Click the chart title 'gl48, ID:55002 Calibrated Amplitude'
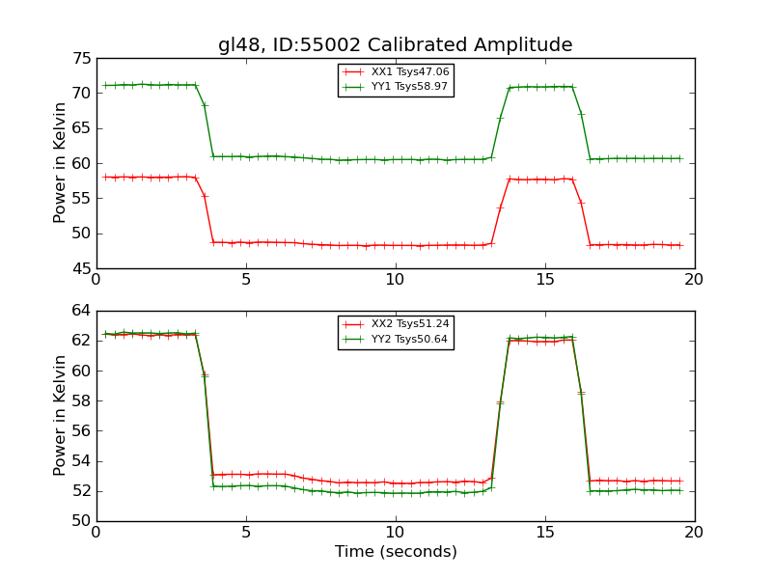click(395, 44)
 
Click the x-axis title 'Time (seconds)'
click(396, 552)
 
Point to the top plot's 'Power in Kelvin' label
click(61, 162)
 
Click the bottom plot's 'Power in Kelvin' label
click(61, 415)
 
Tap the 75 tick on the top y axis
click(82, 58)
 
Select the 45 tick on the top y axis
click(82, 268)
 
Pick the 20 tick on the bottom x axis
click(694, 532)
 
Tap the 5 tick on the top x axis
click(246, 279)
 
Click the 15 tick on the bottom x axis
click(544, 532)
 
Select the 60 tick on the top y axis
click(82, 163)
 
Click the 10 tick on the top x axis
click(395, 279)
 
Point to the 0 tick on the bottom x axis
click(96, 532)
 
